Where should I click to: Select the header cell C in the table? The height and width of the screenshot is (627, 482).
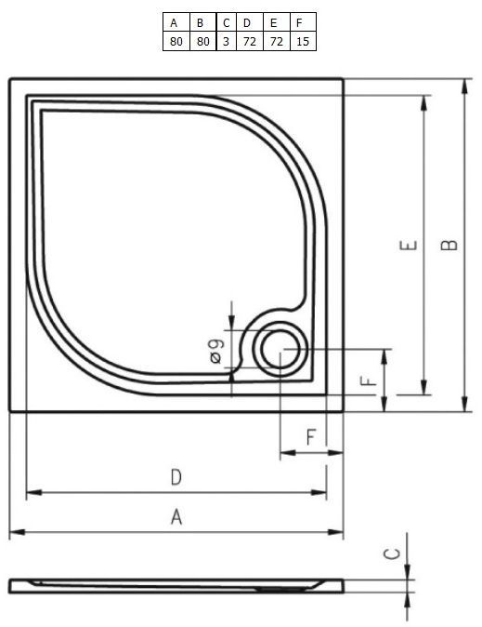click(226, 23)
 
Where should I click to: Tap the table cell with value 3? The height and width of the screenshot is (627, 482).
click(226, 42)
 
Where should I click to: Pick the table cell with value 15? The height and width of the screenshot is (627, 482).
click(303, 42)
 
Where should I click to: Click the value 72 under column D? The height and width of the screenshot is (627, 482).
click(250, 42)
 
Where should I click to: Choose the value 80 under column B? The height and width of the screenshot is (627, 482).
click(202, 42)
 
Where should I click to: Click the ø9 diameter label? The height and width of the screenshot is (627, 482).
click(216, 351)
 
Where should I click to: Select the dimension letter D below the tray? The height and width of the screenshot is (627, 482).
click(176, 477)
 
